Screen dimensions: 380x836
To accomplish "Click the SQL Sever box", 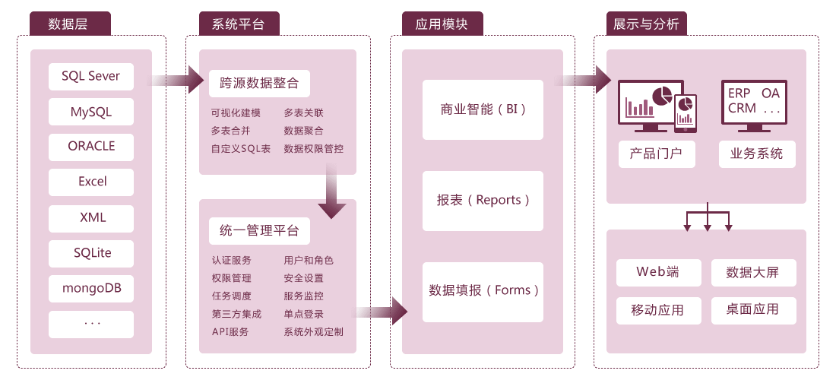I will pos(90,76).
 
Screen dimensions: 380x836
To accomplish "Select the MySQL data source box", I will pos(90,112).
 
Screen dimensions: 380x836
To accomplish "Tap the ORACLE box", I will pos(90,147).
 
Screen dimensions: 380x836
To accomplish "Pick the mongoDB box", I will pos(90,289).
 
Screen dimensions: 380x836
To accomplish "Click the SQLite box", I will pos(90,253).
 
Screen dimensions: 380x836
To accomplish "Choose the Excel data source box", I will pos(90,182).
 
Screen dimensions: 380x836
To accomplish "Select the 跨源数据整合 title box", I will pos(259,83).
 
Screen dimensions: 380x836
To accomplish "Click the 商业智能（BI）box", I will pos(483,109).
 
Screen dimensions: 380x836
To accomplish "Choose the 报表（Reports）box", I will pos(483,201).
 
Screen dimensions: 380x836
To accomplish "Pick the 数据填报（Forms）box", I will pos(483,291).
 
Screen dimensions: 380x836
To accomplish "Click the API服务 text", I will pos(230,332).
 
